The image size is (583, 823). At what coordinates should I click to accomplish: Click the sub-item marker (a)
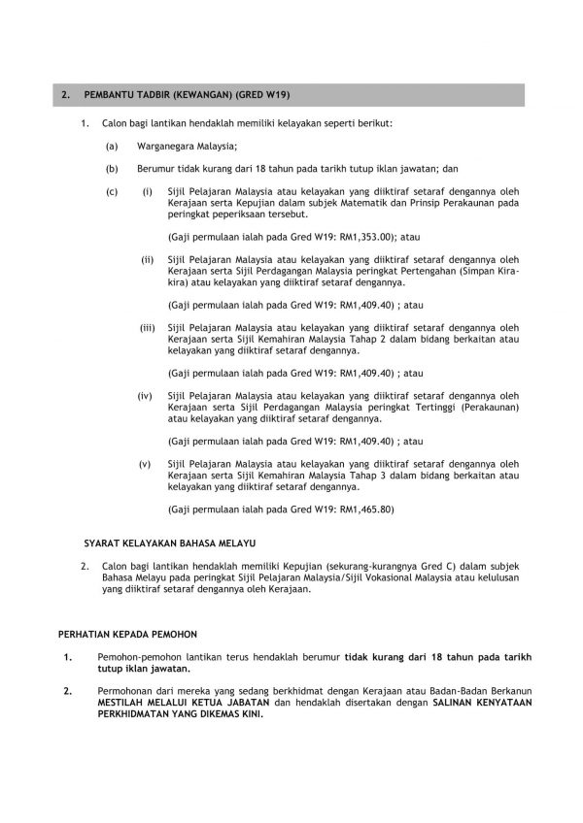point(113,146)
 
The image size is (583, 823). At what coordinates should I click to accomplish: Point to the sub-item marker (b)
point(113,167)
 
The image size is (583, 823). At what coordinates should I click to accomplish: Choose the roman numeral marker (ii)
point(148,259)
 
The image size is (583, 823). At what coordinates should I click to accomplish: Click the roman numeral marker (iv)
point(146,396)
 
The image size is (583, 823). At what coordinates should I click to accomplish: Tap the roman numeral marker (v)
point(146,464)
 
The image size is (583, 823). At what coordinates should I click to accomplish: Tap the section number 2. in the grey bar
point(64,95)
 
